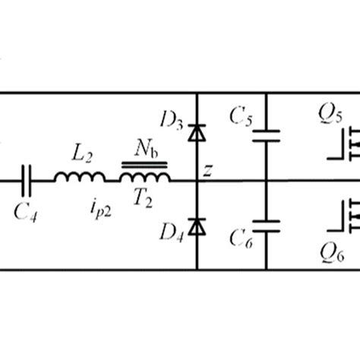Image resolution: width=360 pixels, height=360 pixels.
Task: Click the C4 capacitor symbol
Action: click(28, 180)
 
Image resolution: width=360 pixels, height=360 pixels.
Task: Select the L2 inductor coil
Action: click(80, 178)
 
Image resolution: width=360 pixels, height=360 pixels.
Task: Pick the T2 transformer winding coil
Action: click(144, 178)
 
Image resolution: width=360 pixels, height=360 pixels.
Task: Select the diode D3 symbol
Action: click(197, 133)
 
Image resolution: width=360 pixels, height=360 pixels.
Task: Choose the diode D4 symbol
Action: click(197, 226)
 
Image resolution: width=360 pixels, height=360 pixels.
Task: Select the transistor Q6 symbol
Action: click(346, 217)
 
